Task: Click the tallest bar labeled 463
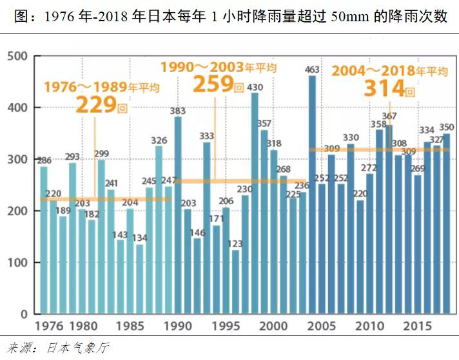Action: pyautogui.click(x=312, y=193)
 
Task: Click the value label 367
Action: pyautogui.click(x=389, y=117)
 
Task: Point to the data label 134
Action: pyautogui.click(x=139, y=238)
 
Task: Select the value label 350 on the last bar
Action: pyautogui.click(x=447, y=127)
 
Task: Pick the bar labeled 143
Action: pyautogui.click(x=120, y=277)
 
